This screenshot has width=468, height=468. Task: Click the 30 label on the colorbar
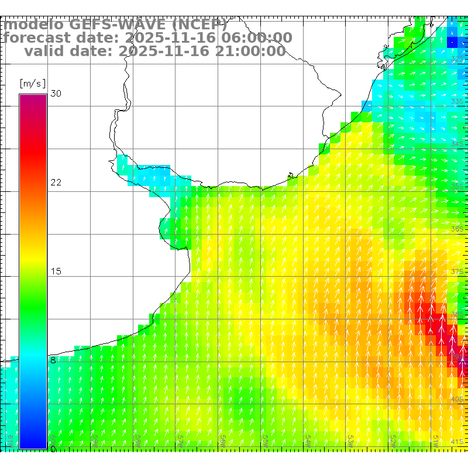tap(56, 94)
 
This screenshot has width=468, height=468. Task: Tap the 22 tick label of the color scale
tap(56, 183)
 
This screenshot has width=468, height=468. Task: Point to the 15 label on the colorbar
tap(56, 271)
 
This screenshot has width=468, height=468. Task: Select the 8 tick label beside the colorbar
tap(53, 360)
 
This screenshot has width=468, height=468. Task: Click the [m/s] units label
tap(32, 83)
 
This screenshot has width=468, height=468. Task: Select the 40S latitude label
tap(457, 399)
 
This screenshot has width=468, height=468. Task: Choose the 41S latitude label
tap(457, 442)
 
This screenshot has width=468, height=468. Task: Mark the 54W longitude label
tap(308, 439)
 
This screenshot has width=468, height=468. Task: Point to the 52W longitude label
tap(393, 439)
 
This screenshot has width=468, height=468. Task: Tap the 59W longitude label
tap(95, 439)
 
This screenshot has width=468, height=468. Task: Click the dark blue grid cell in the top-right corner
tap(452, 42)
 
